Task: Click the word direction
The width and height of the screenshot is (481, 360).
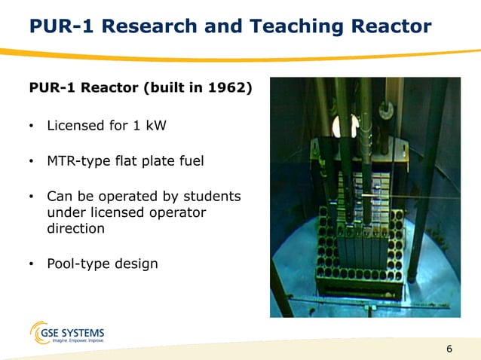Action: tap(75, 228)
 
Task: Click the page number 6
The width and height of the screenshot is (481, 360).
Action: tap(449, 348)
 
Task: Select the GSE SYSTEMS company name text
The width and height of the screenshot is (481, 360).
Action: tap(79, 332)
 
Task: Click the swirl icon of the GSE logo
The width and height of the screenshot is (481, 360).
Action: tap(40, 334)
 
